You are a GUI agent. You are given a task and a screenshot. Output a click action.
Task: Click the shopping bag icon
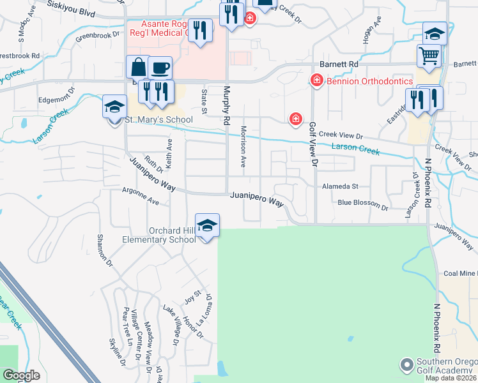(x=139, y=66)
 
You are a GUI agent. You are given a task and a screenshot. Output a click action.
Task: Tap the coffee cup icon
(x=160, y=66)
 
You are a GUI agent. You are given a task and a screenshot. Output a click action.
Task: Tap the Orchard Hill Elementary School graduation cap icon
(x=207, y=225)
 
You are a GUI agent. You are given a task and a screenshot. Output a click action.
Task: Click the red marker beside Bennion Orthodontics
(x=316, y=80)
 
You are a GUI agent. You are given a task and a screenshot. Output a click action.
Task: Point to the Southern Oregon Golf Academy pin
(x=405, y=365)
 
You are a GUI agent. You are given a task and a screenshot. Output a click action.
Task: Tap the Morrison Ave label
(x=243, y=146)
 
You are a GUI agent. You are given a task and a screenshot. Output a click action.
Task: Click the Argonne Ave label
(x=140, y=195)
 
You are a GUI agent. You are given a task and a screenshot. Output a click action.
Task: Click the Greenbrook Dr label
(x=98, y=36)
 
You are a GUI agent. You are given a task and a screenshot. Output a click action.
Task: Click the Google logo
(x=21, y=375)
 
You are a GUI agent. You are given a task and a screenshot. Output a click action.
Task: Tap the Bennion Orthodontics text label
(x=369, y=81)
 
